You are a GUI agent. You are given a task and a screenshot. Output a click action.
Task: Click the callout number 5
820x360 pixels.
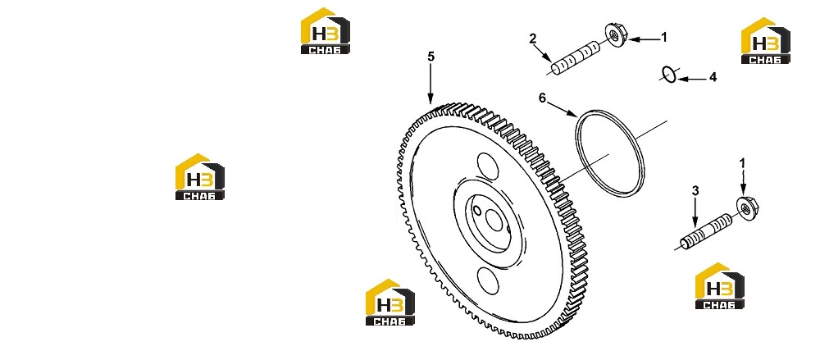point(430,57)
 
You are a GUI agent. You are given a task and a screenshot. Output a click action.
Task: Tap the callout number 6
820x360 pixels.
point(542,98)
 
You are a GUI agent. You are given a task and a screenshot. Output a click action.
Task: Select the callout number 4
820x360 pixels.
point(713,77)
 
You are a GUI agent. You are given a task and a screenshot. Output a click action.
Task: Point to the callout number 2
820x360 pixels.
point(532,39)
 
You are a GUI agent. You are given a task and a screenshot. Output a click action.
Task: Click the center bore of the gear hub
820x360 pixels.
point(494,221)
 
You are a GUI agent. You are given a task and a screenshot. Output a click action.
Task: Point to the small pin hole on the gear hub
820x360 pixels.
point(476,211)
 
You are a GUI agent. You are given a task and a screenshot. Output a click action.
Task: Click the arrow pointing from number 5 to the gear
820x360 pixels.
point(430,84)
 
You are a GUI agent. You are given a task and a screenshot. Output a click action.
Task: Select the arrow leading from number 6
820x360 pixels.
point(563,109)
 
